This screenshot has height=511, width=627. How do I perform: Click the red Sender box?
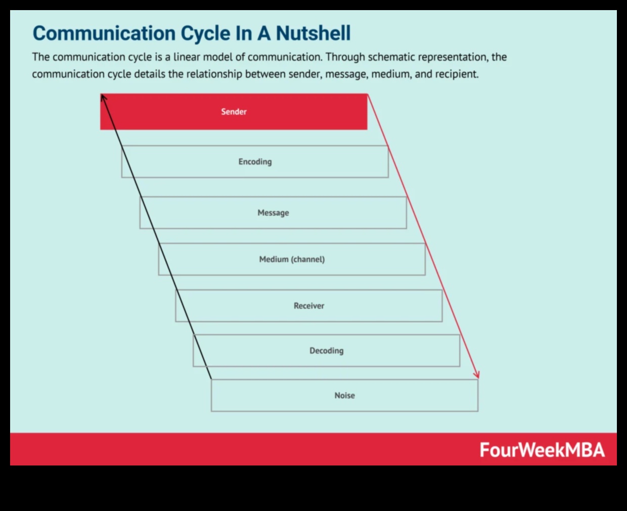(234, 112)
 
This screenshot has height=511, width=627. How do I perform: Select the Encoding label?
(255, 162)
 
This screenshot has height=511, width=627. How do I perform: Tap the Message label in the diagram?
(273, 213)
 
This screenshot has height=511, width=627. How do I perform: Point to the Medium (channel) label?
(292, 260)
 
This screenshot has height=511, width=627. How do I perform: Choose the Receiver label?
(309, 306)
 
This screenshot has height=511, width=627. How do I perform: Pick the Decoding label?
(326, 351)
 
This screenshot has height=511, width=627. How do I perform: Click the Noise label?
(344, 396)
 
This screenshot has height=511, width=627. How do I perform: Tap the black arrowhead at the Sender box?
(103, 97)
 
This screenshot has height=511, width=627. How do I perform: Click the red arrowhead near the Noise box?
(476, 375)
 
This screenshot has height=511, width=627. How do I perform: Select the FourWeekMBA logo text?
(542, 450)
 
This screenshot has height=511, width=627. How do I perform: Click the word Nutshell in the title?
(313, 33)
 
